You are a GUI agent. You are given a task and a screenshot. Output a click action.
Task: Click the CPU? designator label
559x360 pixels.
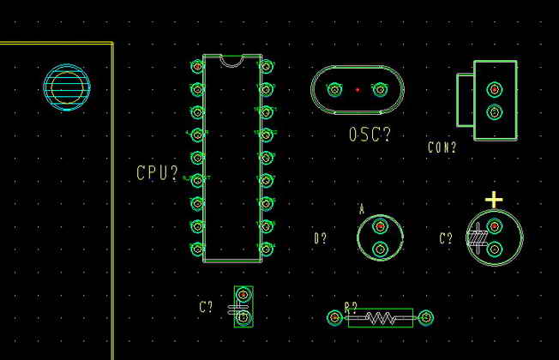coord(158,173)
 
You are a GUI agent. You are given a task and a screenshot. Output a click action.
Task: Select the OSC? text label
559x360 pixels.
coord(370,135)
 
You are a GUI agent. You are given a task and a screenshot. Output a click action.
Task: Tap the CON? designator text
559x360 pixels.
coord(442,147)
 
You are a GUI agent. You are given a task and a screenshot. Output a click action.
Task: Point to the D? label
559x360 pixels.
coord(321,238)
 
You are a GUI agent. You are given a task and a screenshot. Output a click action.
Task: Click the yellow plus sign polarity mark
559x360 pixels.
coord(494,200)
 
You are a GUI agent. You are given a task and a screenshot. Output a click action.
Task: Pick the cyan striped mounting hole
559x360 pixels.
coord(67,87)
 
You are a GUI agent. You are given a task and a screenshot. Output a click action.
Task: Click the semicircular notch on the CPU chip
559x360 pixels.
coord(231,60)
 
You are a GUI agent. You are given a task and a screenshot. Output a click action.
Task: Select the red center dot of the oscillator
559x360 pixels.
coord(358,89)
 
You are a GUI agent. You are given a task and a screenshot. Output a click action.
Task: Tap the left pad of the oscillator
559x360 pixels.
coord(334,88)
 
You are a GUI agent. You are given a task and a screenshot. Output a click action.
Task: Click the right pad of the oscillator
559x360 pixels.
coord(381,88)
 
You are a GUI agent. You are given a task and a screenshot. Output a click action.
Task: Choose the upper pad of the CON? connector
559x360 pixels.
coord(494,88)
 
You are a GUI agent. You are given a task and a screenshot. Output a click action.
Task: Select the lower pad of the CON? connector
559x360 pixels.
coord(494,111)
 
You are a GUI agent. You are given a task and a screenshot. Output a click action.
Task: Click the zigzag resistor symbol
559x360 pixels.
coord(381,318)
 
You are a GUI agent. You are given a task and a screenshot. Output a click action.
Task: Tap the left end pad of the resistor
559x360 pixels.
coord(334,318)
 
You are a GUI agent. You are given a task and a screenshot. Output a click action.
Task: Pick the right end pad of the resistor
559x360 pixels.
coord(426,318)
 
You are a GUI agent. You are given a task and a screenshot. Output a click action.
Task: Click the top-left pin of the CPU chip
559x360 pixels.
coord(197,66)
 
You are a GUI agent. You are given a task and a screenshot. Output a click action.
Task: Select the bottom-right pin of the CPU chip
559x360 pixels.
coord(266,249)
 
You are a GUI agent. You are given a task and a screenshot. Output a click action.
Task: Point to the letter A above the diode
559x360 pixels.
coord(362,208)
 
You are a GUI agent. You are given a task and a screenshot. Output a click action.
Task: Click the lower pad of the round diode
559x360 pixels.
coord(380,249)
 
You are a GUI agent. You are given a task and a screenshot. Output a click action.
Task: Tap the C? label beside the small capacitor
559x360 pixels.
coord(206,307)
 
